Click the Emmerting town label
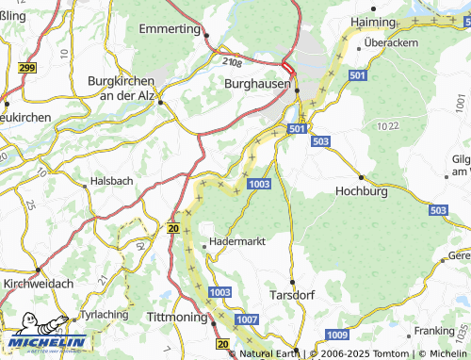171,29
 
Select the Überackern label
391,43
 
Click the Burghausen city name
255,84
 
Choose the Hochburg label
362,190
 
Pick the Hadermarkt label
235,241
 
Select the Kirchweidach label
37,283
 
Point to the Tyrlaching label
105,313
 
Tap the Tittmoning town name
177,318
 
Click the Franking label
434,331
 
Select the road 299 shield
26,68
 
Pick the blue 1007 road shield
247,321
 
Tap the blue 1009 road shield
336,335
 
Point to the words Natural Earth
267,353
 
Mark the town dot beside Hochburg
362,176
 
